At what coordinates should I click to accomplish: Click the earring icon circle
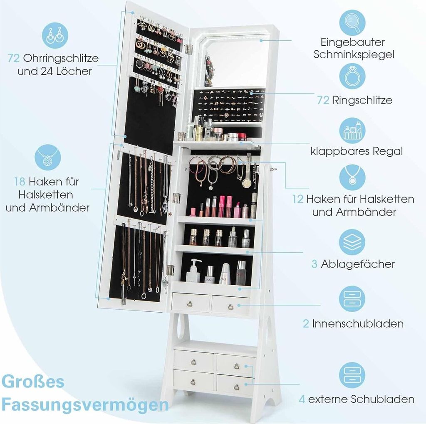(x=55, y=35)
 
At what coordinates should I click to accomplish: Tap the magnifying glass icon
(x=352, y=23)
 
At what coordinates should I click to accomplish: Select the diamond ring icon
(x=352, y=76)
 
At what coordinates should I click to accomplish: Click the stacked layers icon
(x=352, y=242)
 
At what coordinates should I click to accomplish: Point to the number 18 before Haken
(x=20, y=182)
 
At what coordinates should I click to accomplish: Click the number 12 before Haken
(x=298, y=199)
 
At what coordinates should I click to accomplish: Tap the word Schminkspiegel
(x=354, y=54)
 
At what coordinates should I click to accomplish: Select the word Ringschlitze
(x=362, y=100)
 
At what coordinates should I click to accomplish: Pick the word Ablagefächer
(x=358, y=264)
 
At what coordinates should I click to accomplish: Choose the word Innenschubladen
(x=358, y=323)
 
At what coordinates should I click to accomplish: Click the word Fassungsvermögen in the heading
(x=85, y=405)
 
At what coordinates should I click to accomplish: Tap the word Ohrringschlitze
(x=61, y=58)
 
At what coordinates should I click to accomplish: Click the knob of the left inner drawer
(x=190, y=304)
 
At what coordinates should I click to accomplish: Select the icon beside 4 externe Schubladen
(x=352, y=375)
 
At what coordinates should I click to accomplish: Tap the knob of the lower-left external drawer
(x=193, y=382)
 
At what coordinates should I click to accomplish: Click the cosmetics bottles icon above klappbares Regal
(x=352, y=131)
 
